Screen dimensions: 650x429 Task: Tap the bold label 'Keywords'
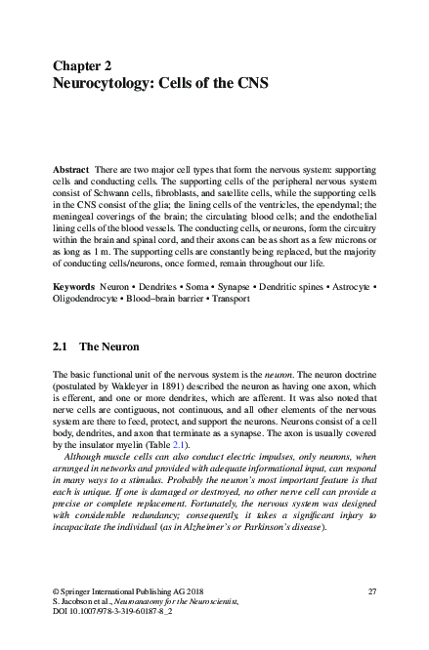75,287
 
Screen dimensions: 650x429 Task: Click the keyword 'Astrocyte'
343,287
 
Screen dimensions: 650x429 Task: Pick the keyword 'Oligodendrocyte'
87,299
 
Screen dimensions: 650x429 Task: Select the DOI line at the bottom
107,614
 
